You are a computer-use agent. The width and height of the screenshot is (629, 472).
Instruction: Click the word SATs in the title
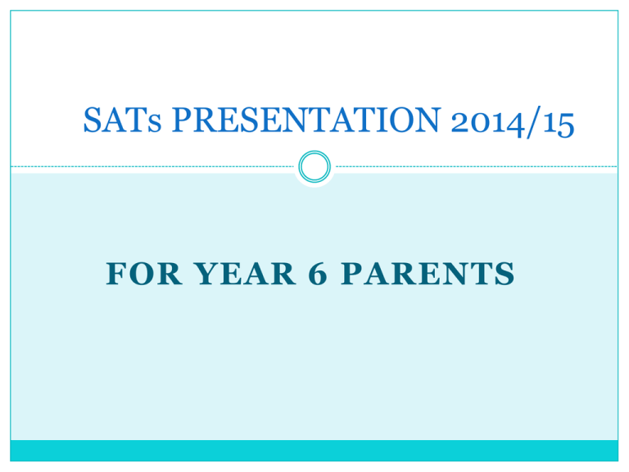coord(122,120)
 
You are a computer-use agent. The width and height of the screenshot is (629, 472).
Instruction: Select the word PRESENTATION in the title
coord(306,120)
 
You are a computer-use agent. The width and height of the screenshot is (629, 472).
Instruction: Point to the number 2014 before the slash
coord(488,123)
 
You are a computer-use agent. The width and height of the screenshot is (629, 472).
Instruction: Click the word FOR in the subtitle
coord(144,274)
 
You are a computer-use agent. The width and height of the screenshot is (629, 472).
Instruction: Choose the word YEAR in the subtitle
coord(245,274)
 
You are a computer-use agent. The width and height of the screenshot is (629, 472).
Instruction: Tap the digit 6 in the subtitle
coord(318,274)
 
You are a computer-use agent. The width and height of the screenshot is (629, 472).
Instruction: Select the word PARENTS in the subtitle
coord(428,274)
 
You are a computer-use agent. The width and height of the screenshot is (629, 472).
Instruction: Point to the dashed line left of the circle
coord(152,166)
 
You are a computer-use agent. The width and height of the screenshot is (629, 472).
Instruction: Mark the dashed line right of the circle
coord(477,166)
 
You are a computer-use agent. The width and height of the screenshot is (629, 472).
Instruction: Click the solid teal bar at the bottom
coord(314,451)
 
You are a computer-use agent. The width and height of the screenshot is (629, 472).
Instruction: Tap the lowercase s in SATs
coord(154,124)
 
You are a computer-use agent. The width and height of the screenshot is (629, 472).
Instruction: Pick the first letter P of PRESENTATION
coord(183,120)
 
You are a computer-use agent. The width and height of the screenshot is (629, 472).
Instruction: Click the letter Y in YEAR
coord(207,274)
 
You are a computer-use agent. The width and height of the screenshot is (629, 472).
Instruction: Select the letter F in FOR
coord(116,274)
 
